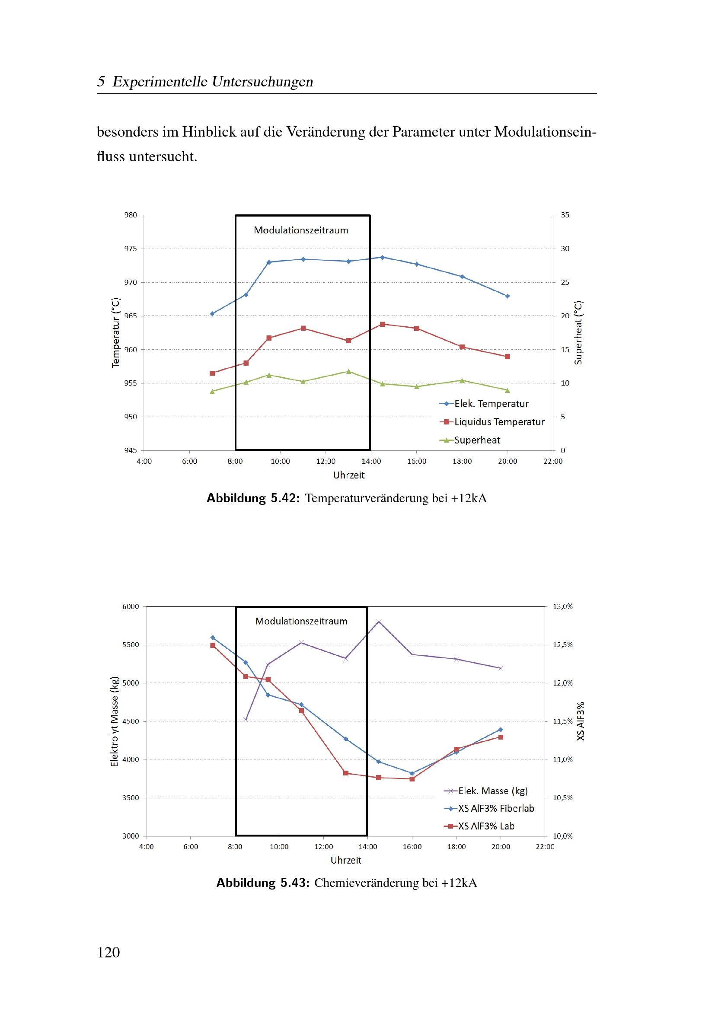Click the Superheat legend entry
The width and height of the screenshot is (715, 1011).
[470, 440]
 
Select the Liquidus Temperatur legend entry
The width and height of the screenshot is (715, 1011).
[492, 422]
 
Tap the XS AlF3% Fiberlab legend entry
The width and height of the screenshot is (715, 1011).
[489, 808]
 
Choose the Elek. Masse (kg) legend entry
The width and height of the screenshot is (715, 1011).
[485, 791]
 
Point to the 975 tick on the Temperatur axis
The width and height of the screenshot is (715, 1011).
[130, 249]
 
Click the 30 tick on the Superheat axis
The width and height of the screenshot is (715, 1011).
[565, 249]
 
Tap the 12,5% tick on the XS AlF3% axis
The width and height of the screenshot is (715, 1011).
[563, 644]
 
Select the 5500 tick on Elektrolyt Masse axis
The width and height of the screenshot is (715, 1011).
[130, 644]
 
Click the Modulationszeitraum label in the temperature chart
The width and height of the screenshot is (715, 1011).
[301, 230]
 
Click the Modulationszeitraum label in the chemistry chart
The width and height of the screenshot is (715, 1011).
[301, 621]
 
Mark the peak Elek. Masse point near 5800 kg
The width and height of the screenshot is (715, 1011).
[379, 621]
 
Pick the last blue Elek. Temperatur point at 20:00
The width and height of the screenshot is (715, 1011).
[507, 297]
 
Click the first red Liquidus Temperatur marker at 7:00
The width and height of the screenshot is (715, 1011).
[212, 373]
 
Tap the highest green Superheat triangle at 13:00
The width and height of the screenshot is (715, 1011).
[349, 371]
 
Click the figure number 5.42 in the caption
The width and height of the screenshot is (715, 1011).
[283, 498]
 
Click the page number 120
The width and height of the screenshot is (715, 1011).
[109, 953]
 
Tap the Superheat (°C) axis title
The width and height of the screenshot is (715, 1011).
[578, 333]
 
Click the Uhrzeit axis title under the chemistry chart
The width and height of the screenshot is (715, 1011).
[346, 861]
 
